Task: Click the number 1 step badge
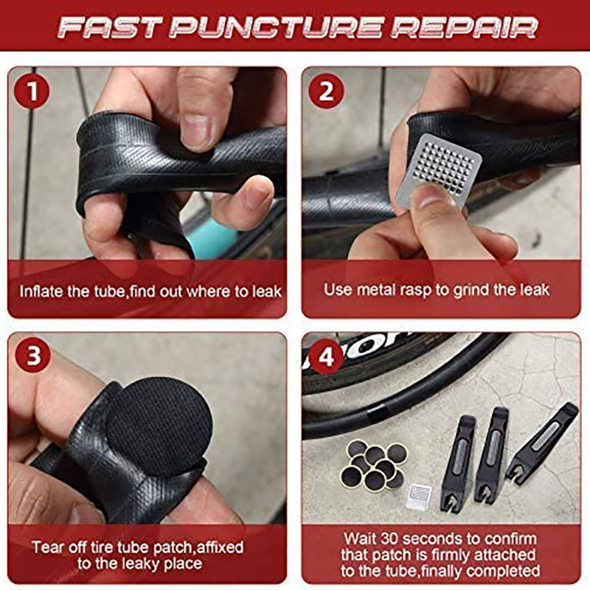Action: [32, 91]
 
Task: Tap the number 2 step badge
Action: [326, 91]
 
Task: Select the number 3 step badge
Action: [32, 355]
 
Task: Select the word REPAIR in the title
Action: [465, 27]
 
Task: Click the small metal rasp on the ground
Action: [419, 496]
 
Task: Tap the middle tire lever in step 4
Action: [492, 454]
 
